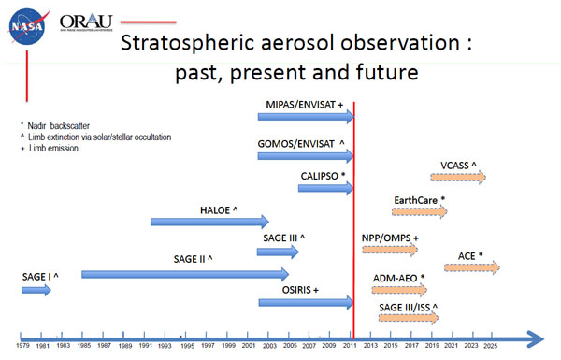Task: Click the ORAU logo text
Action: (x=89, y=21)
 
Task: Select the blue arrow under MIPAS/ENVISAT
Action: (x=306, y=116)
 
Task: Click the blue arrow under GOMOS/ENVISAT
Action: (x=306, y=154)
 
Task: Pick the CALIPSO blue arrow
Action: (x=325, y=188)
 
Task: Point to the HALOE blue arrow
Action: (x=209, y=222)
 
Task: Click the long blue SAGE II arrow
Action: (x=185, y=274)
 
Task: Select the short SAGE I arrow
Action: (x=36, y=291)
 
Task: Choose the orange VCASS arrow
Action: (x=459, y=178)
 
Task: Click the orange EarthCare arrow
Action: (x=420, y=212)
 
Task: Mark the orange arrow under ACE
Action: (x=472, y=268)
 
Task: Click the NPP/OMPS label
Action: (x=390, y=238)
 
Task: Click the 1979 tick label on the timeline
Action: (x=22, y=348)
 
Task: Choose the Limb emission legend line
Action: (x=54, y=148)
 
